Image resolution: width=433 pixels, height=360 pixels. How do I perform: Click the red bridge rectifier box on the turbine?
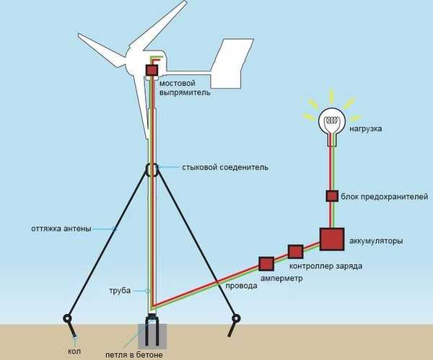point(152,71)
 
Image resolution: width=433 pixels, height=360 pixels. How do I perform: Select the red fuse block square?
point(331,196)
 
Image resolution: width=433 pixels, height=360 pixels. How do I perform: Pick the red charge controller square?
point(294,252)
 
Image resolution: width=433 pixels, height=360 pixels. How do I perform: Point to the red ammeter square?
point(266,263)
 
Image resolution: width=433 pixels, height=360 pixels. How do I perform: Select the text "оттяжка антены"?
point(61,229)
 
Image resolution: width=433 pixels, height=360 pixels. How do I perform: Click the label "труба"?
point(121,290)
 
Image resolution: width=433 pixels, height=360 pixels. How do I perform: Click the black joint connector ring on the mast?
point(152,170)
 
